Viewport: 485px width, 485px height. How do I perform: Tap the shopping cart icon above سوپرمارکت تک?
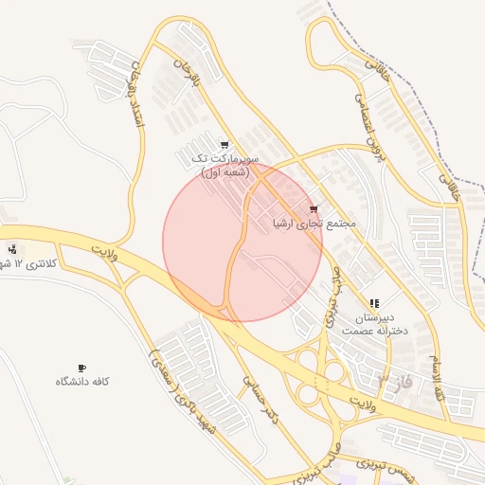click(x=225, y=145)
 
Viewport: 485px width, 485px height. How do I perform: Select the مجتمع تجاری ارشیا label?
click(x=314, y=224)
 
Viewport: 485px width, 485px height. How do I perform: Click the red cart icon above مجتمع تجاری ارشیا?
click(x=314, y=209)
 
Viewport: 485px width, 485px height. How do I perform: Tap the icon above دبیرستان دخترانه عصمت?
click(x=375, y=303)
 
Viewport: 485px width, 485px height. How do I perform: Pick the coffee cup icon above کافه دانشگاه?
click(x=81, y=367)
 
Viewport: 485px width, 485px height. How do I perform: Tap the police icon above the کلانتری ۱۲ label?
click(x=12, y=249)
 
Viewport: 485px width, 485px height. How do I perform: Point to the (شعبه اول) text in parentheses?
click(x=225, y=171)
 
